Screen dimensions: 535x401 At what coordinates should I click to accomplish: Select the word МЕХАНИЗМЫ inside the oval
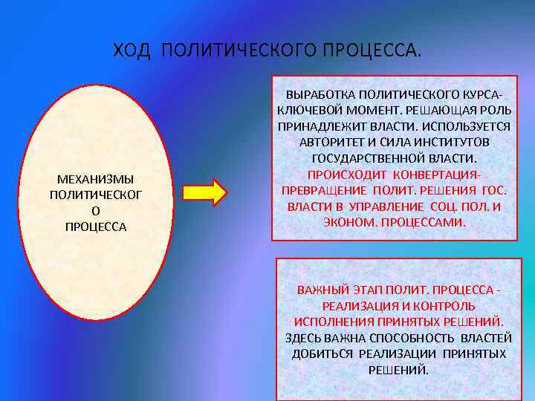coord(96,180)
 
